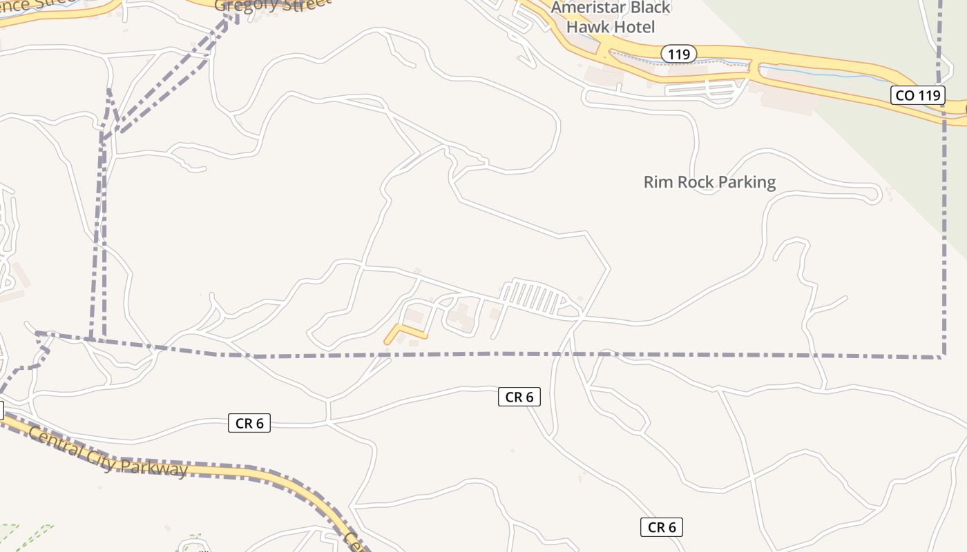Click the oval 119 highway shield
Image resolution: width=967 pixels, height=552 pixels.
click(x=679, y=54)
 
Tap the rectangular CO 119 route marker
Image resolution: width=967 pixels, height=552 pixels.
click(x=917, y=95)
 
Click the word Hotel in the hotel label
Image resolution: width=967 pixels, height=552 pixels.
click(x=634, y=28)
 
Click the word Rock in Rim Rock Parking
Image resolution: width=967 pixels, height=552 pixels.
click(x=695, y=182)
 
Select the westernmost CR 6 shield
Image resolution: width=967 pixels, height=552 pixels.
click(x=249, y=423)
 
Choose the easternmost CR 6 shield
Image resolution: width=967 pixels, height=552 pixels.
click(x=661, y=527)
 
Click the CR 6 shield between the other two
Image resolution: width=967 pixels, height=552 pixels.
click(x=519, y=397)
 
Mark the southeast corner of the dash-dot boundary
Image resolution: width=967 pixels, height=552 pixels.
click(x=944, y=357)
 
